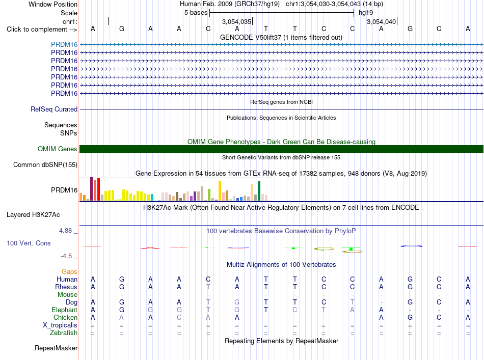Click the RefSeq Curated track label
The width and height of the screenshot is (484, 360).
click(54, 109)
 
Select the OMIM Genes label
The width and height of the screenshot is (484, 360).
click(58, 149)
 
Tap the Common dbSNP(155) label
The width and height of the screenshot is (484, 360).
click(45, 165)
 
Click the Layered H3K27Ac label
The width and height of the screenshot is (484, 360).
click(33, 215)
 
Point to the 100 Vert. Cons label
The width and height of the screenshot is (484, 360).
click(29, 243)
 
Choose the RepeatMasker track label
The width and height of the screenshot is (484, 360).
click(56, 348)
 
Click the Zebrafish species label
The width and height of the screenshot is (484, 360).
click(64, 333)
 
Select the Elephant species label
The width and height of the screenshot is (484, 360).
click(65, 310)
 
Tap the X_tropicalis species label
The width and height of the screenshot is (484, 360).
click(60, 325)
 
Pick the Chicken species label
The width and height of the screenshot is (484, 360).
click(65, 317)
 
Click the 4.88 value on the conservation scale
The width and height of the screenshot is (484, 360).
click(65, 231)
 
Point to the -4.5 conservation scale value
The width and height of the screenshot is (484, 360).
click(66, 256)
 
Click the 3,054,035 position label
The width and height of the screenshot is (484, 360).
click(236, 21)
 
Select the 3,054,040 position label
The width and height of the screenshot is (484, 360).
click(381, 21)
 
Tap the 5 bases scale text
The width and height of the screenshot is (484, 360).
click(196, 13)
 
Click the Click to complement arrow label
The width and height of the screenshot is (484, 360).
click(42, 30)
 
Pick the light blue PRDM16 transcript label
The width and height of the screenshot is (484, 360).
click(64, 44)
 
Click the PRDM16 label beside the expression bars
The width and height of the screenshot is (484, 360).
click(64, 190)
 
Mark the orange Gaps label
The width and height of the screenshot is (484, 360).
click(69, 271)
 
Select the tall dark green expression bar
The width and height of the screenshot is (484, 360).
click(259, 191)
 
